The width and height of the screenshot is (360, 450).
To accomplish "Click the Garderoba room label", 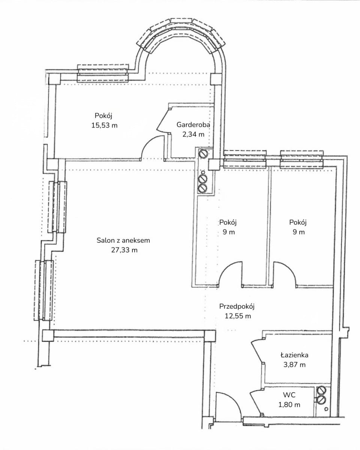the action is pos(193,124).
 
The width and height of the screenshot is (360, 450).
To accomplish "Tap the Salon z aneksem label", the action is pos(123,240).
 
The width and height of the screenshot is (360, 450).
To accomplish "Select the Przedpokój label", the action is pos(237,306).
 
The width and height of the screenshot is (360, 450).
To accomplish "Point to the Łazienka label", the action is pos(294,355).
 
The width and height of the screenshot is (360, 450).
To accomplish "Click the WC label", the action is pos(289,395).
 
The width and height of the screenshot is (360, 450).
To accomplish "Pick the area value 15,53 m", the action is pos(104,126).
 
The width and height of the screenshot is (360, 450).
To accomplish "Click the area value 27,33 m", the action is pos(124,250).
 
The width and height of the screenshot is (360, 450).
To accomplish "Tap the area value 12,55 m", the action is pos(238,316).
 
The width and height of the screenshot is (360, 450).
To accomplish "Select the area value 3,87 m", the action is pos(294,364).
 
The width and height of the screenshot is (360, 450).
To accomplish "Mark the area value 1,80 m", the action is pos(289,405).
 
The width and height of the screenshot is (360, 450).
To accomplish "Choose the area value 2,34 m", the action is pos(193,135).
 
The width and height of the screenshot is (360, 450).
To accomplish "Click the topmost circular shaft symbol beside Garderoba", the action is pos(203,154).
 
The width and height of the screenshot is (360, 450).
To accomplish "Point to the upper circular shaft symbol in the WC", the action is pos(320,390).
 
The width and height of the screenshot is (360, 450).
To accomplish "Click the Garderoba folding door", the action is pos(164,120).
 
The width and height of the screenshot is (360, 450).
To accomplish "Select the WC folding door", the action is pos(257,402).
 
